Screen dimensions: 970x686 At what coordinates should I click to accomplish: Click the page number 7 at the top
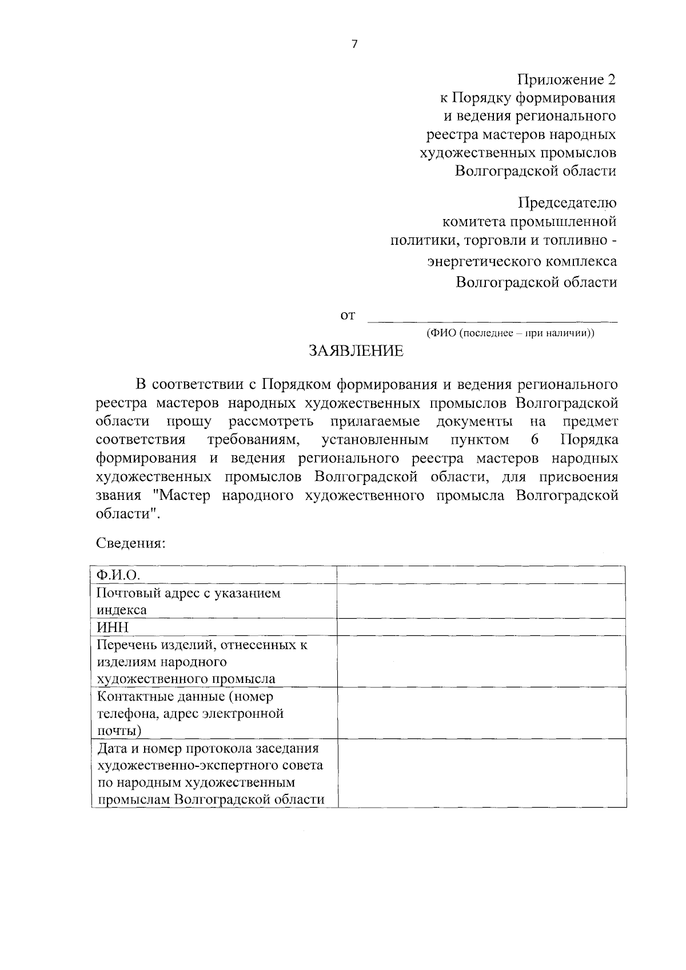pos(354,45)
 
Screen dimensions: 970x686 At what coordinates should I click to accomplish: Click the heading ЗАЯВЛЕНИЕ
pos(356,351)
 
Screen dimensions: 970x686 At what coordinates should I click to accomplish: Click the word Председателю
pos(567,203)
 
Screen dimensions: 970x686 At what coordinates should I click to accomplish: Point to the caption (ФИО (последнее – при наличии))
pos(510,333)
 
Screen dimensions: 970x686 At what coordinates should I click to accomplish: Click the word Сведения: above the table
pos(131,543)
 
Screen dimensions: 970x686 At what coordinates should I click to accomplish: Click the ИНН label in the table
pos(214,627)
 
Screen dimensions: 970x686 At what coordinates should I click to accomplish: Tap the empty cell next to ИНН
pos(481,627)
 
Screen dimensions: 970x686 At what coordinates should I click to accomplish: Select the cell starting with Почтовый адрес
pos(214,601)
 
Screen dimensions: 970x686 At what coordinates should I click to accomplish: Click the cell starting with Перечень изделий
pos(214,662)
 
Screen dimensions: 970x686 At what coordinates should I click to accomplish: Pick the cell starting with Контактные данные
pos(214,713)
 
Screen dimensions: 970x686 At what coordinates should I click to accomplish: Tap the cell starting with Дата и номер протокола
pos(214,773)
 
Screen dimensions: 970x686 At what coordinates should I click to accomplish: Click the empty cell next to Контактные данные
pos(481,713)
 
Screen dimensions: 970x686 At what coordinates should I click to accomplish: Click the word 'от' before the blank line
pos(348,315)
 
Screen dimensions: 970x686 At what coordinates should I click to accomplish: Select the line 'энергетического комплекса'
pos(522,262)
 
